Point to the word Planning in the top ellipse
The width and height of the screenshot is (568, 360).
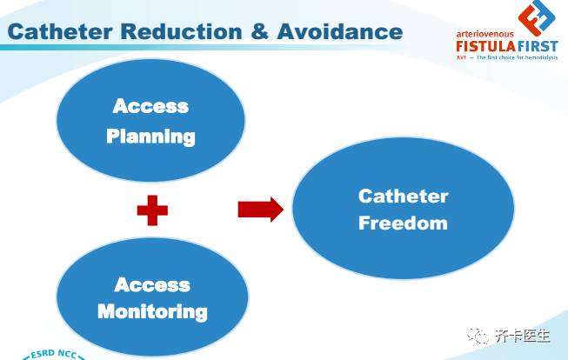[150, 136]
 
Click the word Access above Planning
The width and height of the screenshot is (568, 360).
[150, 106]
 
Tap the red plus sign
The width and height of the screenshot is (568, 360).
[152, 210]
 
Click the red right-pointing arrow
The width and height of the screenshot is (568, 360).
[260, 209]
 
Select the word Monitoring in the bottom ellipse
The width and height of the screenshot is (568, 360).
[152, 311]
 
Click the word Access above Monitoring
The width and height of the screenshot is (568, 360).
[152, 284]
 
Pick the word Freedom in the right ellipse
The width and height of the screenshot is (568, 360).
[403, 223]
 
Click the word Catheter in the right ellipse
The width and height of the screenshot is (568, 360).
[403, 196]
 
